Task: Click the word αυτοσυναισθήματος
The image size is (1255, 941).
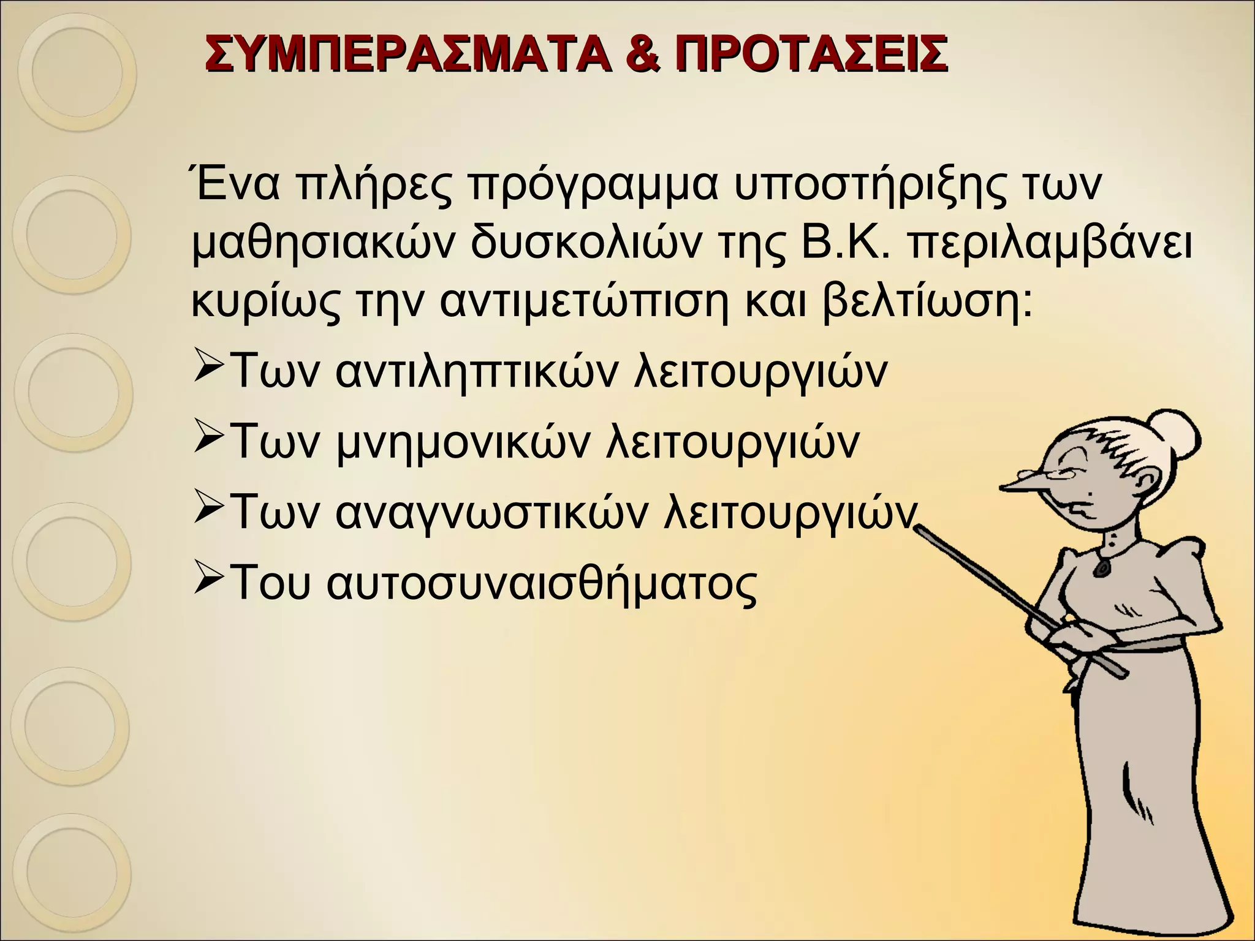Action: click(542, 581)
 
